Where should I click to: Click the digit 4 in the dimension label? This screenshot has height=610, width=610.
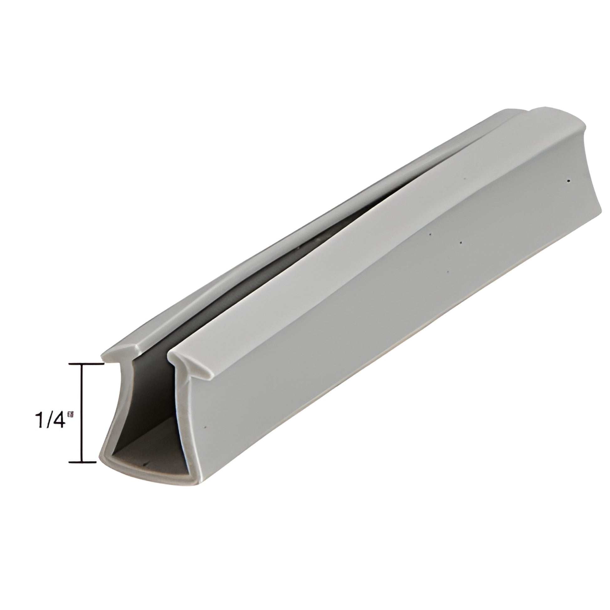(58, 420)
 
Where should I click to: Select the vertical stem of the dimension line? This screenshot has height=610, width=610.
(83, 413)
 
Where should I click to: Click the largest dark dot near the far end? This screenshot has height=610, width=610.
(568, 181)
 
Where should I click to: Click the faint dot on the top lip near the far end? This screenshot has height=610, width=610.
(465, 178)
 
